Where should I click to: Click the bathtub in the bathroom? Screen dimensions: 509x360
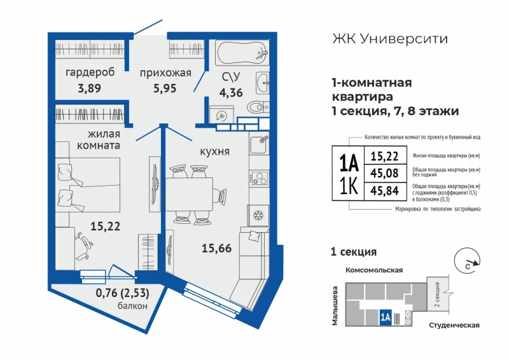point(242,53)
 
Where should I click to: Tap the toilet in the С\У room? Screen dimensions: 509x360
point(258,106)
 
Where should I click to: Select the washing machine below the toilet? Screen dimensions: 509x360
point(221,115)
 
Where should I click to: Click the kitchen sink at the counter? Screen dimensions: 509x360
point(259,144)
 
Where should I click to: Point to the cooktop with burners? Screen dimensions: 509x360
point(259,177)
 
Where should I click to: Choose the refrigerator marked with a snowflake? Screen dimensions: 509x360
point(258,215)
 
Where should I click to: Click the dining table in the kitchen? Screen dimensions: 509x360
point(189,195)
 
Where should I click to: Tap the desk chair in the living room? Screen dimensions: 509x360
point(83,246)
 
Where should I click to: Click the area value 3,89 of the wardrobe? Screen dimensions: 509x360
point(89,88)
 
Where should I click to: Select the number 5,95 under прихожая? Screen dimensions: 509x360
point(165,88)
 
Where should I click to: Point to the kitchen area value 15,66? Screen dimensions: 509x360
point(216,248)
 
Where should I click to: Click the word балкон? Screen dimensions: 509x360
point(132,305)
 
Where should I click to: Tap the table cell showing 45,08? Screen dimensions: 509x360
point(385,173)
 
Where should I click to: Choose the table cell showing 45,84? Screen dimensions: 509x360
point(385,191)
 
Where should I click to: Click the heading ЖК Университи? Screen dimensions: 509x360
point(390,39)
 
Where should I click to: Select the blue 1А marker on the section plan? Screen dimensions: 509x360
point(386,317)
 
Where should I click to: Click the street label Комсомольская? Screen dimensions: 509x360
point(374,270)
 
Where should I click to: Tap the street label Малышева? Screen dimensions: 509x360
point(335,305)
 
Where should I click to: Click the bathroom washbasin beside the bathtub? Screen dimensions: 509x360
point(263,83)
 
